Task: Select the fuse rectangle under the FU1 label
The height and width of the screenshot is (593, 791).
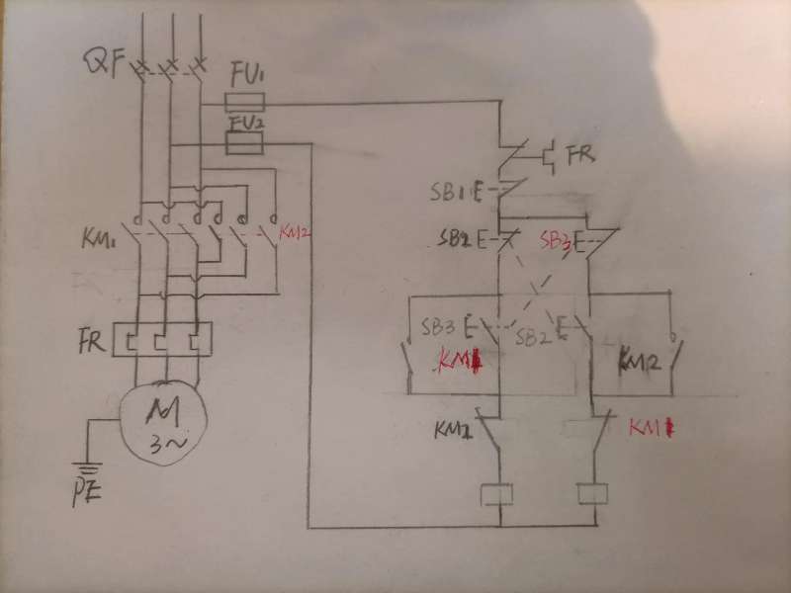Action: (x=244, y=102)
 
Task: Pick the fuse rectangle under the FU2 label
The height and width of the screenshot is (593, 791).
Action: (x=244, y=144)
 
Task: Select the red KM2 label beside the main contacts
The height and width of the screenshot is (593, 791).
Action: (x=296, y=233)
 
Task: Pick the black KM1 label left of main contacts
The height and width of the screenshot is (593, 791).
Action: (x=99, y=238)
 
